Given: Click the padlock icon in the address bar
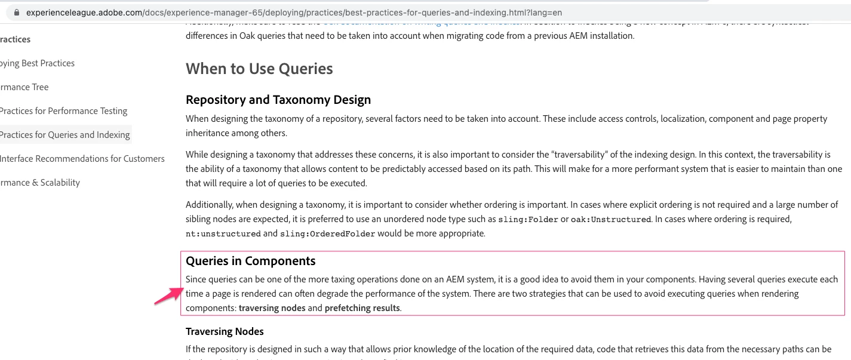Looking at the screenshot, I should [x=17, y=12].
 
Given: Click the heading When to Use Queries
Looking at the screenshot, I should [x=259, y=69].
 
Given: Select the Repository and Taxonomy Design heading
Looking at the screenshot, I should [x=278, y=100].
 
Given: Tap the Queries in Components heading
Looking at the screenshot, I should [x=251, y=261].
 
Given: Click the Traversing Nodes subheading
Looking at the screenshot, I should [x=225, y=331].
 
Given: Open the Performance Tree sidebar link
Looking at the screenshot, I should [x=24, y=87].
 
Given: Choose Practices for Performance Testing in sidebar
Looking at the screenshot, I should [x=63, y=111].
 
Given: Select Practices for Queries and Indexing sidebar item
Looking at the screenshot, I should [x=64, y=135].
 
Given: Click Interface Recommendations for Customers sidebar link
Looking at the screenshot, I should [x=82, y=159].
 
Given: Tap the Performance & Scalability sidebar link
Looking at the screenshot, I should [x=40, y=183].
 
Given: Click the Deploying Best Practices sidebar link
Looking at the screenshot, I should [x=38, y=63].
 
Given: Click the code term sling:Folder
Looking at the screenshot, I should [x=528, y=219].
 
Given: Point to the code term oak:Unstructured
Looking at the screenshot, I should [x=610, y=219].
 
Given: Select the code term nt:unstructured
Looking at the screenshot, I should [x=223, y=233].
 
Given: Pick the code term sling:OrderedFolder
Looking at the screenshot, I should [x=327, y=233].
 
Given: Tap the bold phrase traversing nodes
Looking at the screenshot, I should [x=272, y=308].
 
